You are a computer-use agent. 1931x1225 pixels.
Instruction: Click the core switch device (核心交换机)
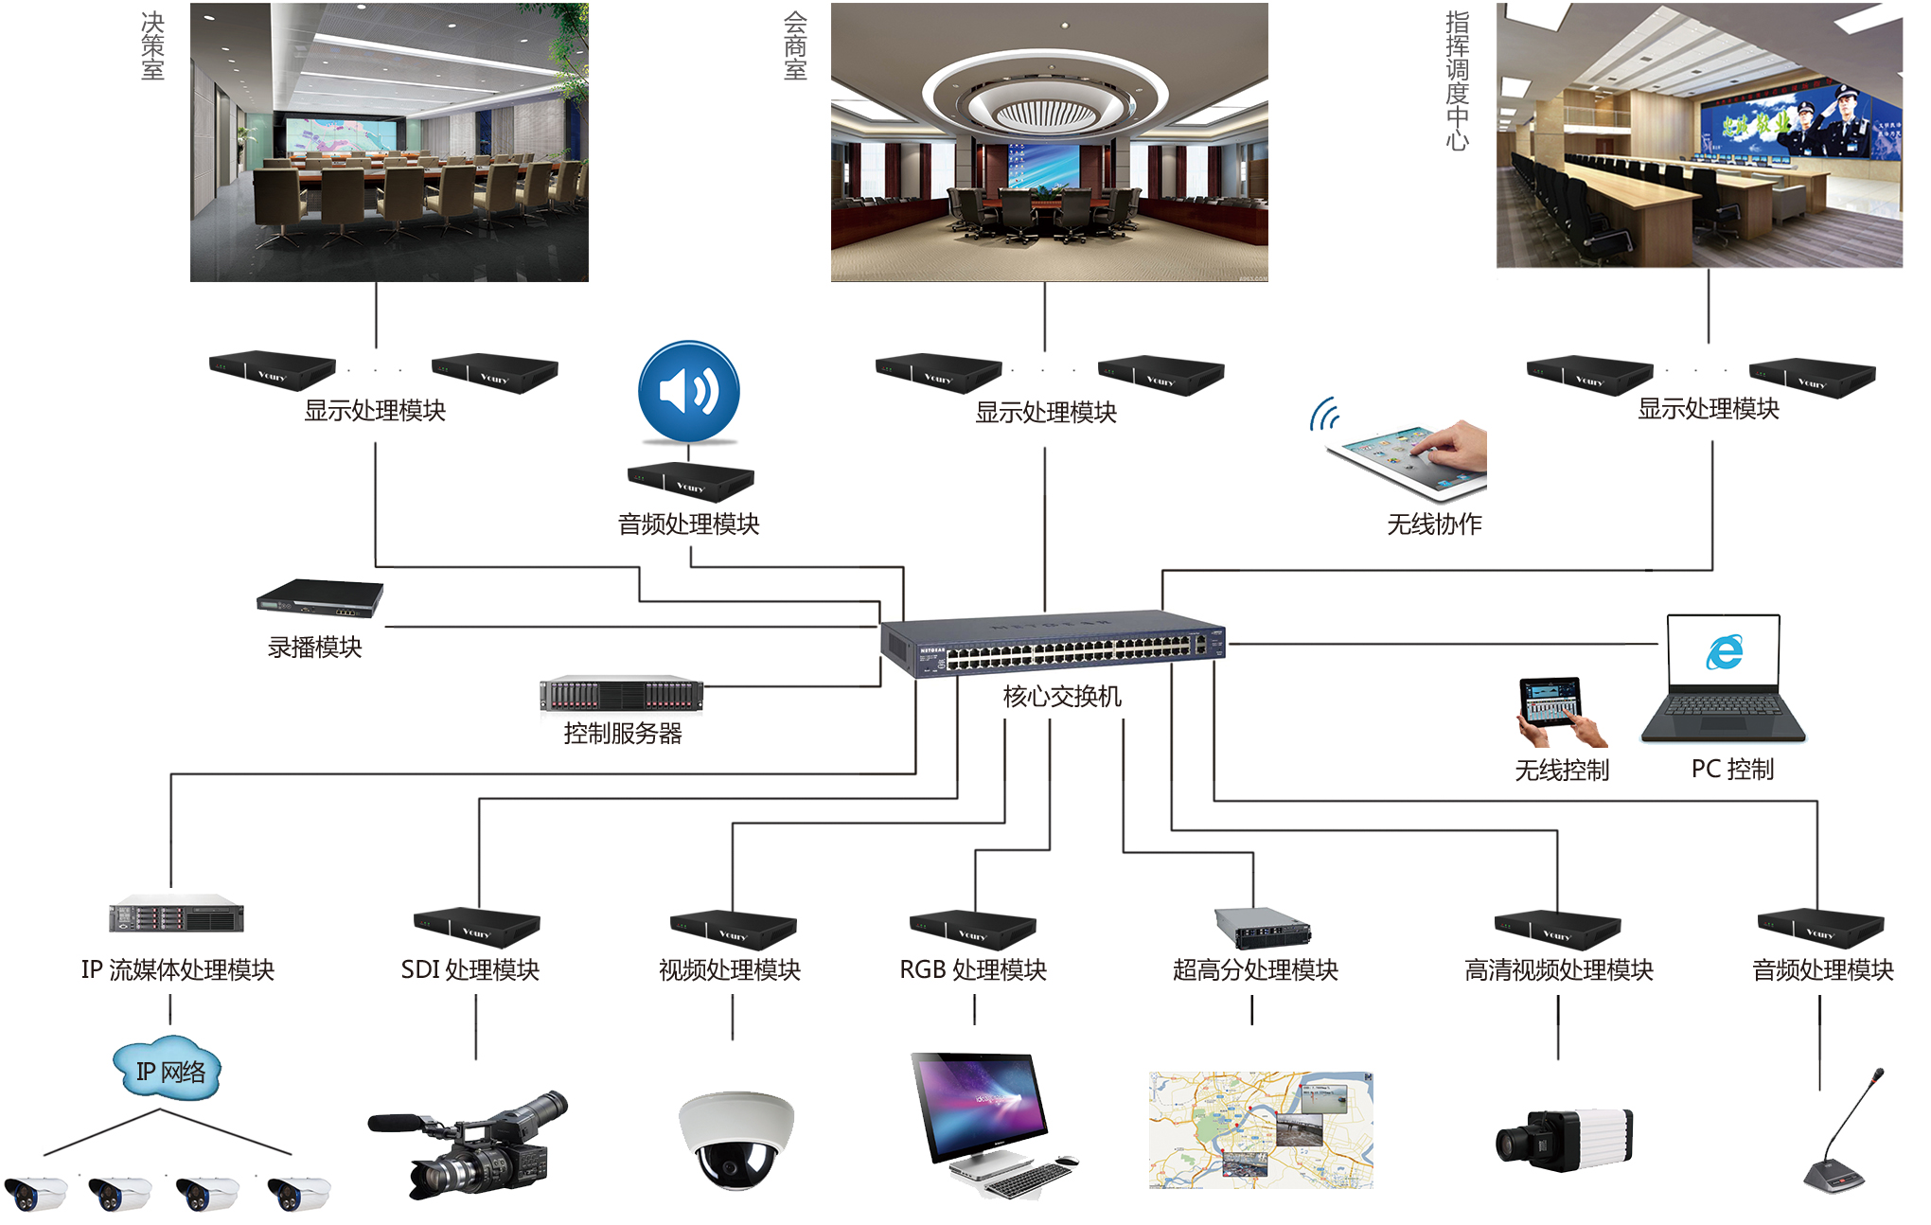pyautogui.click(x=1053, y=643)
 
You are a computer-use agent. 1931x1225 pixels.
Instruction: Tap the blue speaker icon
pyautogui.click(x=688, y=391)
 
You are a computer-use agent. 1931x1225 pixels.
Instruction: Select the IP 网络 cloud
pyautogui.click(x=168, y=1071)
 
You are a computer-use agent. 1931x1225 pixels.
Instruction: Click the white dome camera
pyautogui.click(x=735, y=1139)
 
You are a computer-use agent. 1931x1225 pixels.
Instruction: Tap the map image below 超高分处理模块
pyautogui.click(x=1260, y=1130)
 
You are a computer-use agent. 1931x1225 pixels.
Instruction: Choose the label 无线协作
pyautogui.click(x=1434, y=524)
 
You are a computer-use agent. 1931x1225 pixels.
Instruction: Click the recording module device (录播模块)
pyautogui.click(x=320, y=597)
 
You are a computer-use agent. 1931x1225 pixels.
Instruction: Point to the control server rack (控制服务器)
pyautogui.click(x=621, y=694)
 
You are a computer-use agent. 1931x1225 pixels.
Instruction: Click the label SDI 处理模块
pyautogui.click(x=469, y=969)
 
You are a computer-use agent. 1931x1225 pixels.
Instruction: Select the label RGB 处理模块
pyautogui.click(x=972, y=969)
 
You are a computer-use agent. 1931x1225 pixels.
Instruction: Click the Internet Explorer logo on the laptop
pyautogui.click(x=1725, y=651)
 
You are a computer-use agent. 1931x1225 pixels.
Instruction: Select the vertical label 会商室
pyautogui.click(x=795, y=46)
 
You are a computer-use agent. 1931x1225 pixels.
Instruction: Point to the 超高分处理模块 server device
pyautogui.click(x=1262, y=927)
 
